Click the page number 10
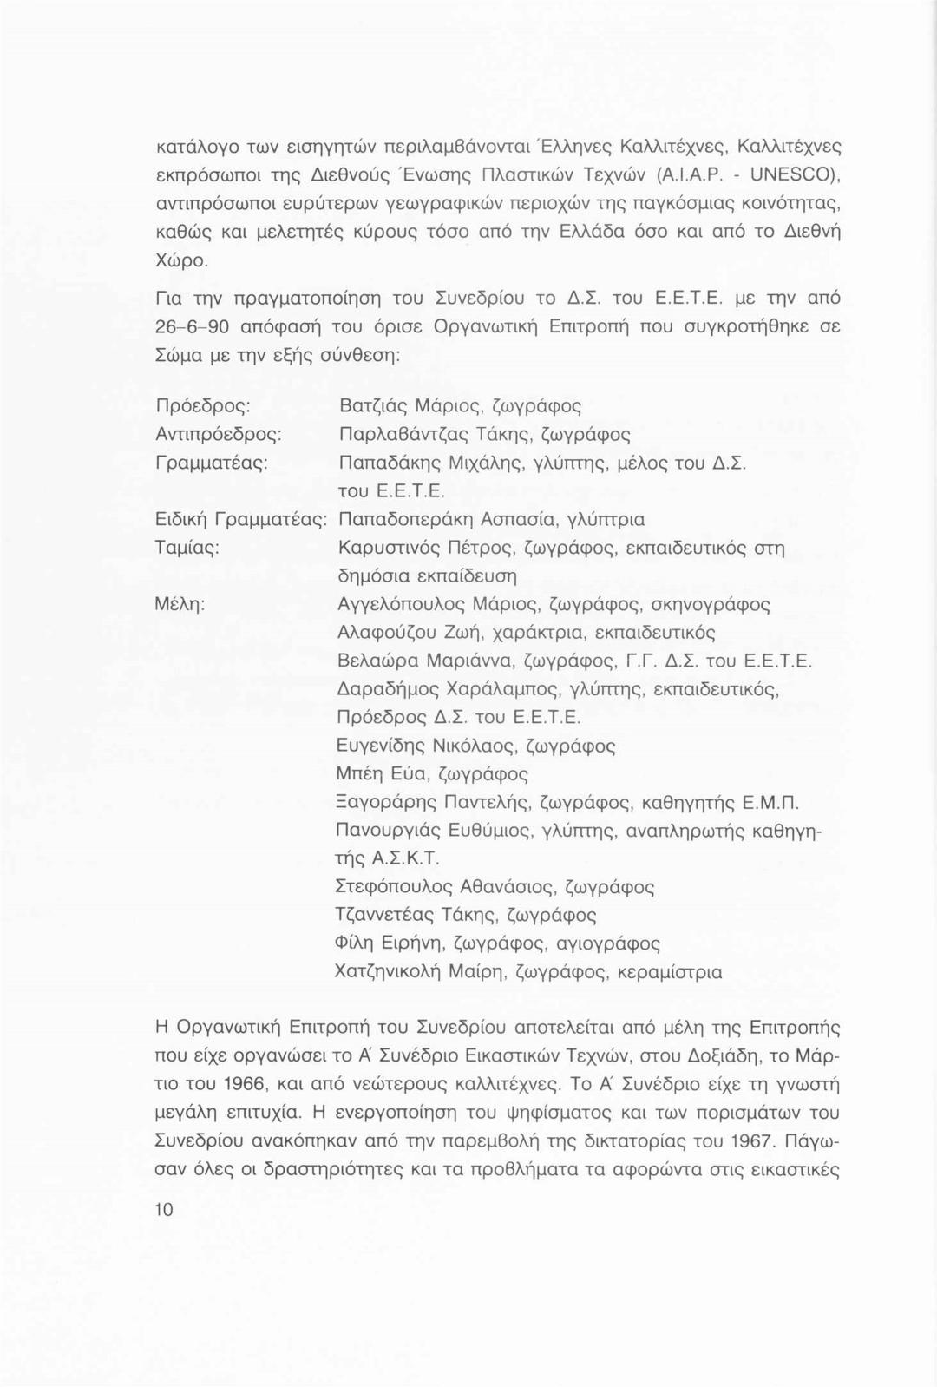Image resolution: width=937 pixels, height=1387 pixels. [164, 1210]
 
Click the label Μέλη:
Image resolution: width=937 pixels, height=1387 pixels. [180, 605]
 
